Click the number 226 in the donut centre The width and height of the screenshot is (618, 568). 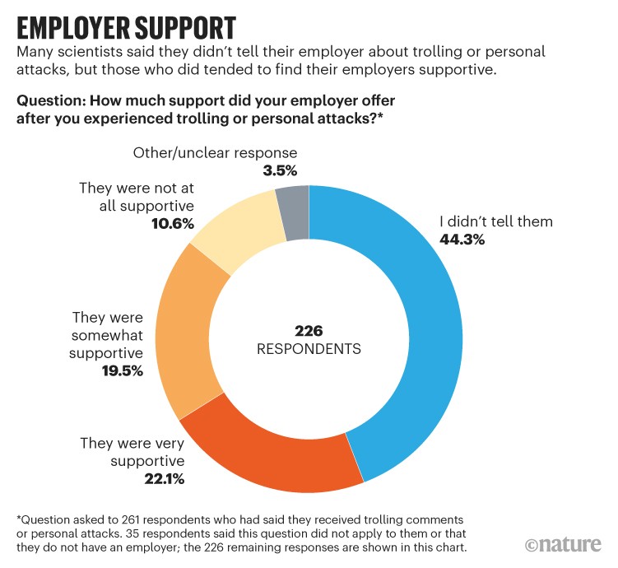point(309,331)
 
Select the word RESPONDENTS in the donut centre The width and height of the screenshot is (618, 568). point(309,348)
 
